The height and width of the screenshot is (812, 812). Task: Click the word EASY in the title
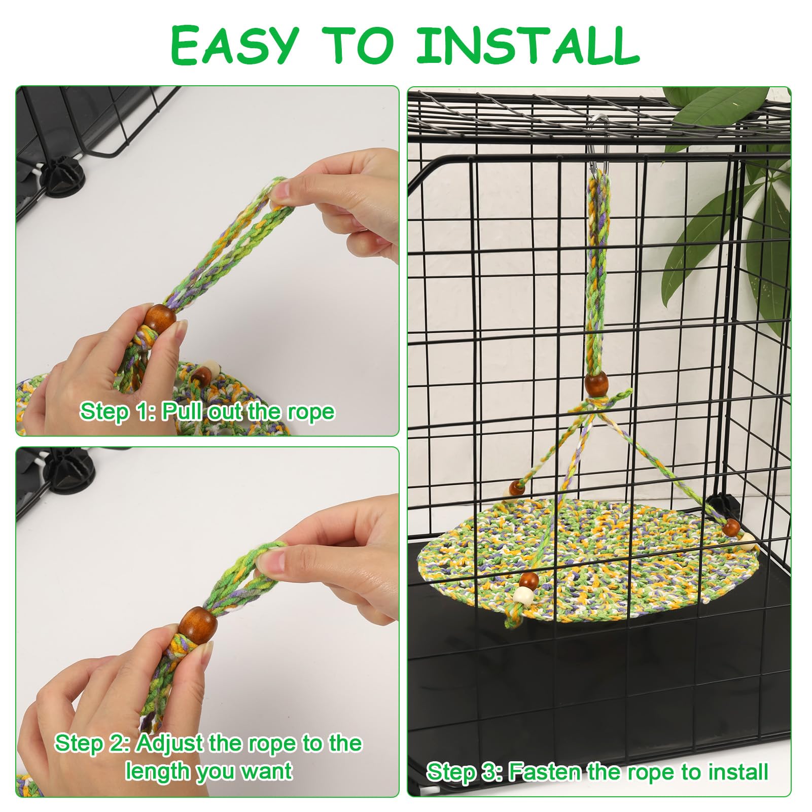click(233, 46)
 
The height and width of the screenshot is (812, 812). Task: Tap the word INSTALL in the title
click(528, 46)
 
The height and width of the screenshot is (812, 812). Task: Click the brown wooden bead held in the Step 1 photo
click(160, 319)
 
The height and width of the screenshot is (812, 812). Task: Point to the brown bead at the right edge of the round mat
click(732, 527)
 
